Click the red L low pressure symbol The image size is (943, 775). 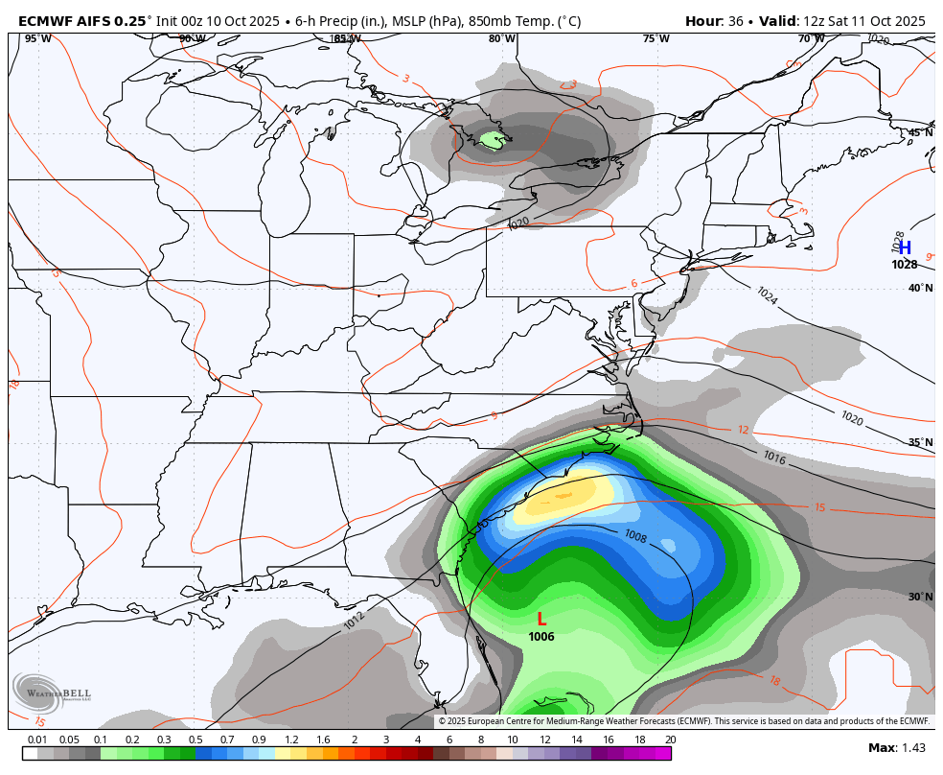(x=541, y=620)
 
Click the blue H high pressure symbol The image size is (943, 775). (x=905, y=247)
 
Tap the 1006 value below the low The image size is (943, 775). (x=541, y=637)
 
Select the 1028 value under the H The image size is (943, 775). (x=905, y=265)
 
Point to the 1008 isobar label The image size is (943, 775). (x=635, y=535)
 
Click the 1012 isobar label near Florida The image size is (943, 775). (x=355, y=622)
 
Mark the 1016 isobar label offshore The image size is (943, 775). (x=774, y=458)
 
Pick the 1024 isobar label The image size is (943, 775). (x=767, y=296)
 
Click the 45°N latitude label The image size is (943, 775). (x=920, y=133)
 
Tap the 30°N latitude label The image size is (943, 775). (x=920, y=597)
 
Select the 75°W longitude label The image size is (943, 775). (x=656, y=39)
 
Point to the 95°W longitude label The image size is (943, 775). (x=38, y=39)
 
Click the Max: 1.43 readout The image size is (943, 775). (x=896, y=748)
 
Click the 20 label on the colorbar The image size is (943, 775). (x=670, y=740)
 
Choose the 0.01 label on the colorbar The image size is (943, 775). (x=37, y=740)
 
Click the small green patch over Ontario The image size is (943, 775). (x=493, y=141)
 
